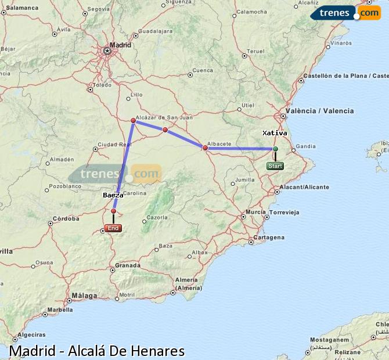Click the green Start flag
point(275,166)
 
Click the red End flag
point(113,228)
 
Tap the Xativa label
point(275,133)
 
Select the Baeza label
point(113,195)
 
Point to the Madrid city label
point(120,44)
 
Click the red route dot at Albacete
point(205,147)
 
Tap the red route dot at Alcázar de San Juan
point(134,121)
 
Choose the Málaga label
point(84,296)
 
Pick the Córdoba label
point(66,219)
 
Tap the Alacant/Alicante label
point(304,187)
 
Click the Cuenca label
point(203,71)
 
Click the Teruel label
point(255,52)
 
